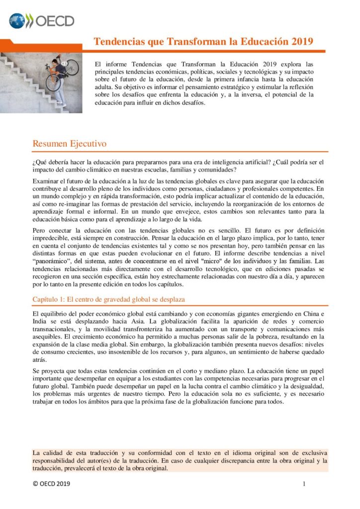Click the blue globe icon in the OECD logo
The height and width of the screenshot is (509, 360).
pyautogui.click(x=17, y=21)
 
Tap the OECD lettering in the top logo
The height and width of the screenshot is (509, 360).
pyautogui.click(x=55, y=21)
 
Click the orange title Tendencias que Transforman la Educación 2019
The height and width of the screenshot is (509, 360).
pyautogui.click(x=203, y=41)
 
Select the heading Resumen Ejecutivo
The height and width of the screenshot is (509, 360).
pyautogui.click(x=70, y=144)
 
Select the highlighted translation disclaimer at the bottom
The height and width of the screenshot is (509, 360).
pyautogui.click(x=180, y=460)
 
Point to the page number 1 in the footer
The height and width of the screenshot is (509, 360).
pyautogui.click(x=304, y=484)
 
